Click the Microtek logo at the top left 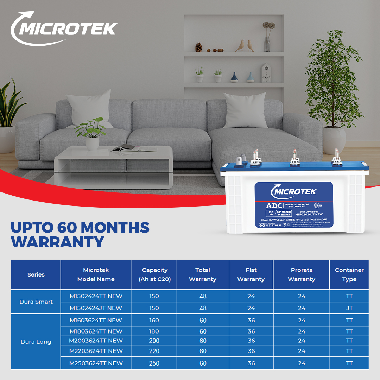(x=63, y=28)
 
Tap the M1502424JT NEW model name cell (x=96, y=308)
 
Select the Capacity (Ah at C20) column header (x=154, y=275)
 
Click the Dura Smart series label (x=36, y=302)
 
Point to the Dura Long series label (x=36, y=342)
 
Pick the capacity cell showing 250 (x=154, y=363)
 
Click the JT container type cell (x=349, y=308)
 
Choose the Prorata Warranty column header (x=302, y=275)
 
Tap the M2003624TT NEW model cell (x=96, y=341)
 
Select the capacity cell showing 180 (x=154, y=331)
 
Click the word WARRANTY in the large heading (x=58, y=242)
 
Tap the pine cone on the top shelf (x=199, y=47)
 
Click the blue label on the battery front (x=293, y=205)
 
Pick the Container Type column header (x=349, y=275)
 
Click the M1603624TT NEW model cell (x=96, y=320)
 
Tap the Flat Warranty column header (x=251, y=275)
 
